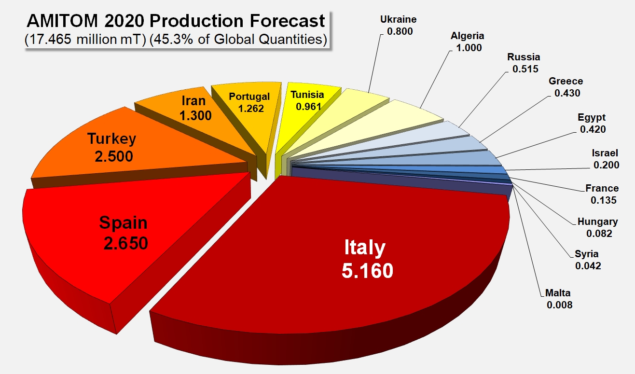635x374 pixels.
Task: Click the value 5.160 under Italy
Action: pos(367,271)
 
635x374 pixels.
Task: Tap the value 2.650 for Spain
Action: pos(125,243)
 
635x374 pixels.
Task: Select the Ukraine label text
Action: pos(398,19)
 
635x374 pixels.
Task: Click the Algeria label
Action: pos(468,36)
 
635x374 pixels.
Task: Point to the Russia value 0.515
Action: pos(525,69)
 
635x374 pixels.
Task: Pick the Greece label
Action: pos(566,81)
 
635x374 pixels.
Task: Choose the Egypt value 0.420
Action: pos(593,129)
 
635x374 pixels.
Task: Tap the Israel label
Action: pos(605,153)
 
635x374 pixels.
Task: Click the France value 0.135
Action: pos(604,200)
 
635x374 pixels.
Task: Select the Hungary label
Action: pos(597,222)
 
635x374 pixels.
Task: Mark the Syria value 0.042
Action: pos(588,266)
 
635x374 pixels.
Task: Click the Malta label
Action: pos(558,292)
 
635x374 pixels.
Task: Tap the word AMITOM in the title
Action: pos(62,21)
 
